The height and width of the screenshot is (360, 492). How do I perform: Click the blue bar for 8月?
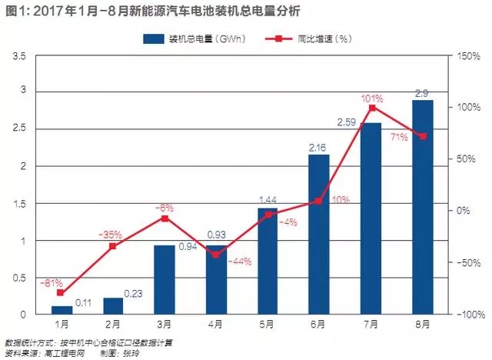tap(423, 207)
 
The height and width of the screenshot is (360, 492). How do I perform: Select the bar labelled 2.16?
tap(319, 235)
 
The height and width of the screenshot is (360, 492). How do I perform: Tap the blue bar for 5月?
tap(268, 261)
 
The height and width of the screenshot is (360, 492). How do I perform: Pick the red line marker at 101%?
tap(372, 108)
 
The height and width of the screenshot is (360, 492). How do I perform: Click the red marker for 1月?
tap(61, 292)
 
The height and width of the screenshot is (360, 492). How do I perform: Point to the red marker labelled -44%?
tap(216, 254)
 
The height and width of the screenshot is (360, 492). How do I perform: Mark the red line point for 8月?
tap(423, 136)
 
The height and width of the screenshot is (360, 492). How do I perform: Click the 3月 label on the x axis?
tap(164, 325)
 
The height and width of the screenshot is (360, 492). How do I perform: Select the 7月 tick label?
tap(371, 325)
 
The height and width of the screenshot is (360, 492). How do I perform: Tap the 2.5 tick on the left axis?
tap(27, 128)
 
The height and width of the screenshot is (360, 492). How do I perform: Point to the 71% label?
tap(401, 138)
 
